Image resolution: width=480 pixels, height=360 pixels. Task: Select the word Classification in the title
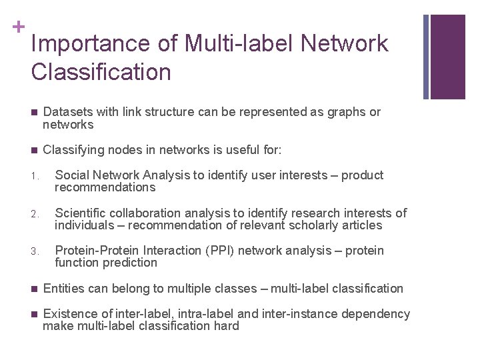click(101, 72)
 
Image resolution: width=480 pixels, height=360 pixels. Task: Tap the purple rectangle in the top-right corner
click(447, 57)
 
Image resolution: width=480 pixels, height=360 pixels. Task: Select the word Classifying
click(73, 151)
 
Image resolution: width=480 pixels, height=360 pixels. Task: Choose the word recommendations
click(105, 188)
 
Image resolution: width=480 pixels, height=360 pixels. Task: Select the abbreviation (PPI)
click(221, 251)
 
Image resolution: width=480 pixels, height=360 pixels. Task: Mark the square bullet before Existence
click(35, 314)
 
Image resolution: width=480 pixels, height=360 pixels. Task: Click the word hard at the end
click(226, 326)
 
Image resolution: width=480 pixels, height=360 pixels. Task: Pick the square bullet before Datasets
click(35, 112)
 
